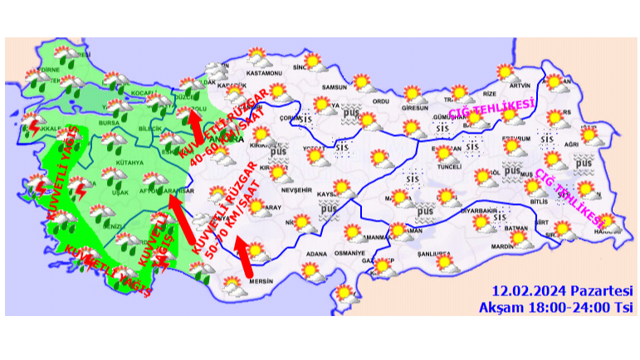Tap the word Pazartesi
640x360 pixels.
point(603,291)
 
